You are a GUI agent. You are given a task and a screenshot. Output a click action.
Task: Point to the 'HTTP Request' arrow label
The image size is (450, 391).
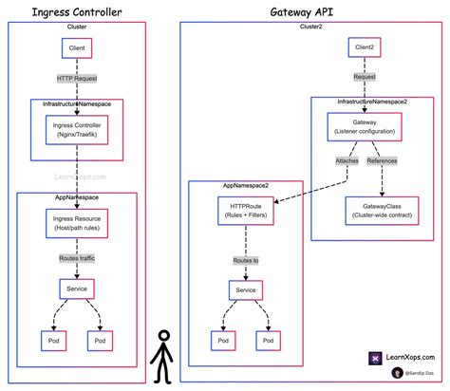[x=77, y=78]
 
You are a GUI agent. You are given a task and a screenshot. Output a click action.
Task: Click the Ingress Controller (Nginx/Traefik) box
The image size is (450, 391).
[x=77, y=128]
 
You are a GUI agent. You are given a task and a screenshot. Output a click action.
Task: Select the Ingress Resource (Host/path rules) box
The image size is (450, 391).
[x=77, y=223]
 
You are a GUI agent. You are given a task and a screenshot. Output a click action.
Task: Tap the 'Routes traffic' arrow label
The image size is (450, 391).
[x=77, y=257]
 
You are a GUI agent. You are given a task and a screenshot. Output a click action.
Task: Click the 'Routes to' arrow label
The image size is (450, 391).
[x=246, y=258]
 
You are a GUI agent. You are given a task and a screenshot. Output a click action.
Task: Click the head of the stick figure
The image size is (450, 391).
[x=162, y=337]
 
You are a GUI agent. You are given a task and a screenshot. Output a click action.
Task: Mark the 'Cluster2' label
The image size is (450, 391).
[x=311, y=27]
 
